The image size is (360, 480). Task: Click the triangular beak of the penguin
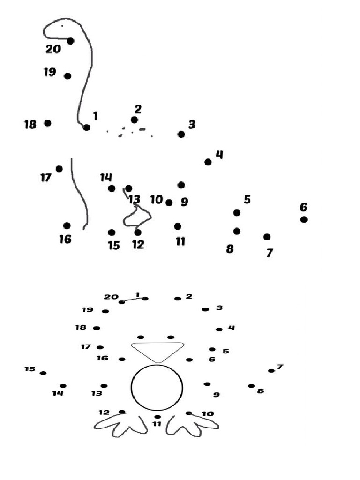[x=157, y=351]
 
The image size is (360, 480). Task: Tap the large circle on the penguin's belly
[x=157, y=387]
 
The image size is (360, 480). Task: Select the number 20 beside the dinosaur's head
[x=53, y=49]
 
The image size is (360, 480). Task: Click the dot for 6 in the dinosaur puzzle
[x=304, y=219]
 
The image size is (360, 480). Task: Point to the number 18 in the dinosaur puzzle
[x=30, y=125]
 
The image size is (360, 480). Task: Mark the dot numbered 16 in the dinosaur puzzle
[x=67, y=225]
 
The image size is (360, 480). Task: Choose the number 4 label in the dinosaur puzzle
[x=219, y=154]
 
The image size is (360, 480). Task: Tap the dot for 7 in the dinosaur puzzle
[x=267, y=237]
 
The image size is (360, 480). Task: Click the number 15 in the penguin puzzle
[x=30, y=369]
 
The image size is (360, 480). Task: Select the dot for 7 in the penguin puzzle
[x=271, y=371]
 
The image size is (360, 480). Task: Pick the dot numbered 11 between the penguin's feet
[x=157, y=417]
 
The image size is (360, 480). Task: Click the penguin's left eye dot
[x=141, y=337]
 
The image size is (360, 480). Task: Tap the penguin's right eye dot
[x=171, y=337]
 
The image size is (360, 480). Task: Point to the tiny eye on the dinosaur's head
[x=62, y=25]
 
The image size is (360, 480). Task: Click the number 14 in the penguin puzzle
[x=58, y=394]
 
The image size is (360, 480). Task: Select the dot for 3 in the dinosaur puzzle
[x=181, y=135]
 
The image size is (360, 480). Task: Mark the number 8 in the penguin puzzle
[x=261, y=391]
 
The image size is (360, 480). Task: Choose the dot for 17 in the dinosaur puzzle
[x=59, y=169]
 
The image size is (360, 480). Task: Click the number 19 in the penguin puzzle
[x=88, y=310]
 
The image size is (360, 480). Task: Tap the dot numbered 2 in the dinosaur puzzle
[x=135, y=120]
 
